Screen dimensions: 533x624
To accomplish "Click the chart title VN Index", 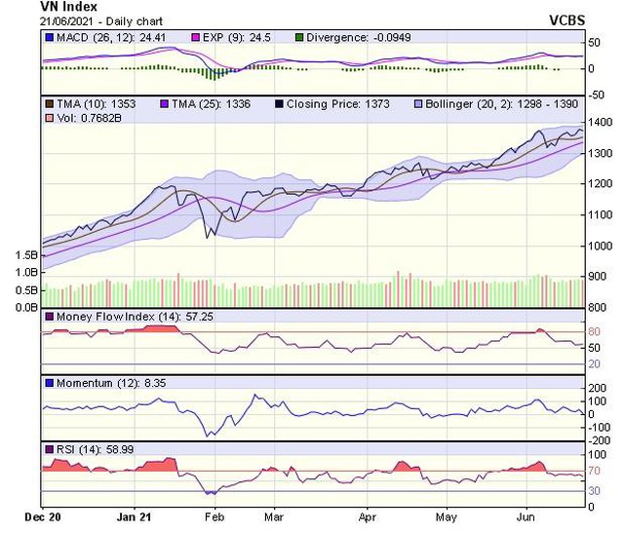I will [67, 8].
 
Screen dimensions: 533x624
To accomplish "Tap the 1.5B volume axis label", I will [27, 254].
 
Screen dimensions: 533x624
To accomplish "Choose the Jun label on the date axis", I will [526, 515].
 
